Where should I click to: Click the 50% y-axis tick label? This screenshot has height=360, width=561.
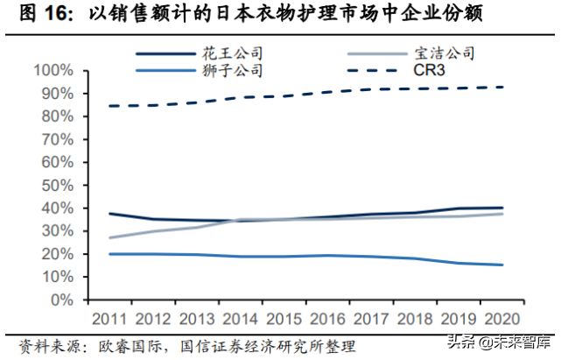coord(58,185)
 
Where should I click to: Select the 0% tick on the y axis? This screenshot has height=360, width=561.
coord(62,300)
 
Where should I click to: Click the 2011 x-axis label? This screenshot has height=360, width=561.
coord(109,318)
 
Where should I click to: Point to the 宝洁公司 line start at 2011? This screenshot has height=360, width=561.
coord(109,237)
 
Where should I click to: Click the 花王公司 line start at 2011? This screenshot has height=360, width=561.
coord(109,214)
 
